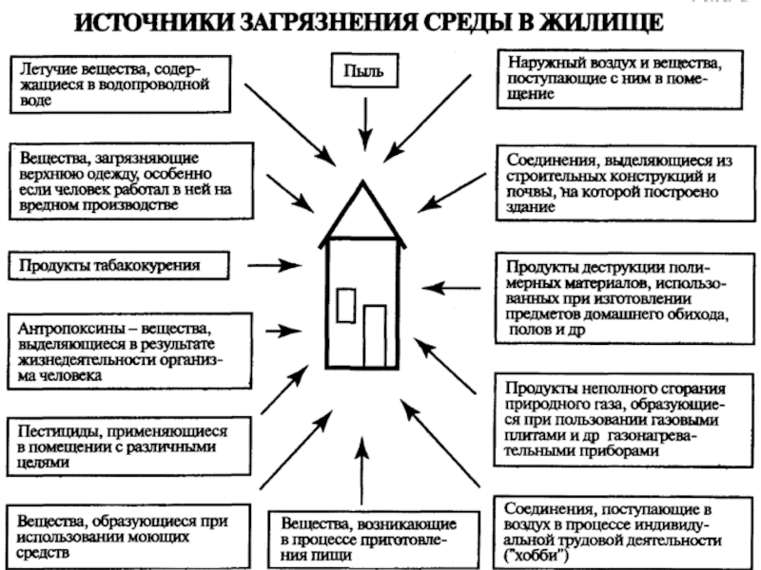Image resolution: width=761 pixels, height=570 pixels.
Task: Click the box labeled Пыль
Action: (x=364, y=70)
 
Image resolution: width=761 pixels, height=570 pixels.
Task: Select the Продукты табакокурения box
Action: (x=118, y=266)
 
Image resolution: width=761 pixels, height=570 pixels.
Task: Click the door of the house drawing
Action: (x=375, y=336)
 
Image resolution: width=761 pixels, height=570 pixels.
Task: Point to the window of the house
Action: (x=346, y=305)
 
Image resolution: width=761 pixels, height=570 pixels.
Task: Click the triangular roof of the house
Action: (x=362, y=211)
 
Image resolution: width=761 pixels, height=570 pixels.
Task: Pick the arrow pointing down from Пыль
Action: (x=365, y=124)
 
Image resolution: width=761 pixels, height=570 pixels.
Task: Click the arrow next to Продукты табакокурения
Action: (x=275, y=265)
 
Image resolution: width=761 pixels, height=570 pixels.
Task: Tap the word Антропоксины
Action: (x=70, y=329)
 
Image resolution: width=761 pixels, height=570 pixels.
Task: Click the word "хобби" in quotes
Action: (x=536, y=555)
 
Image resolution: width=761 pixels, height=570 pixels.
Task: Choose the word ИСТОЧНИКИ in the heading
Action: (x=154, y=22)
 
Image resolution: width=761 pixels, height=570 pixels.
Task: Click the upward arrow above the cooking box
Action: (x=361, y=470)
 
